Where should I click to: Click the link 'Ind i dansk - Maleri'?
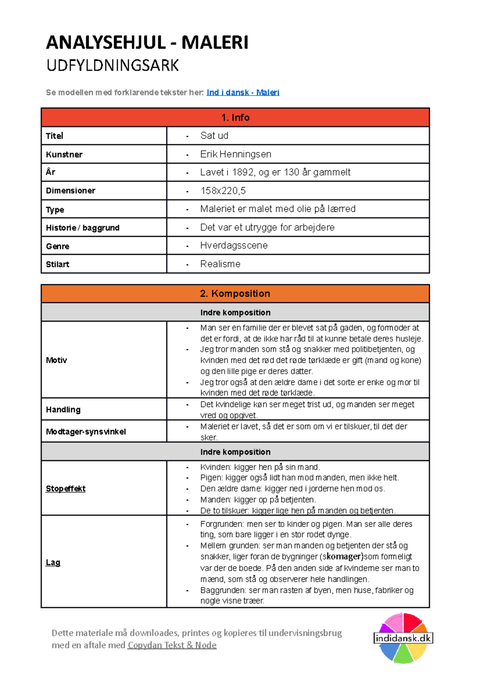[x=243, y=92]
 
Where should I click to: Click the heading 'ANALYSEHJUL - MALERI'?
[x=147, y=42]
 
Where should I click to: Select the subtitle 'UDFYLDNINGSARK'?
[x=112, y=66]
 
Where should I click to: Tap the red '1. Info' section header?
[x=235, y=117]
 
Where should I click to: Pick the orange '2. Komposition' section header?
[x=235, y=294]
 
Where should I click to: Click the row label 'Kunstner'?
[x=64, y=154]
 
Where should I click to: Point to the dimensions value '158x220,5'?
[x=223, y=191]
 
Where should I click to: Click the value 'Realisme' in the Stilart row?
[x=220, y=264]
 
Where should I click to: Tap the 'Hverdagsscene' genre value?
[x=234, y=246]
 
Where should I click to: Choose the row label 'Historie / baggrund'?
[x=82, y=228]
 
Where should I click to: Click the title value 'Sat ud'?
[x=214, y=136]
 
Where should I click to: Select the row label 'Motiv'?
[x=56, y=360]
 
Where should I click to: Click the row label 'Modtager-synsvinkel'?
[x=86, y=431]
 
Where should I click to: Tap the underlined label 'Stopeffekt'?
[x=66, y=488]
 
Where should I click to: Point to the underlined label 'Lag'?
[x=53, y=562]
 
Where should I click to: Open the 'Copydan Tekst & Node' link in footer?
[x=172, y=645]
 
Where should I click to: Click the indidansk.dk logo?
[x=403, y=638]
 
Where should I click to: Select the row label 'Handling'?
[x=63, y=409]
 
